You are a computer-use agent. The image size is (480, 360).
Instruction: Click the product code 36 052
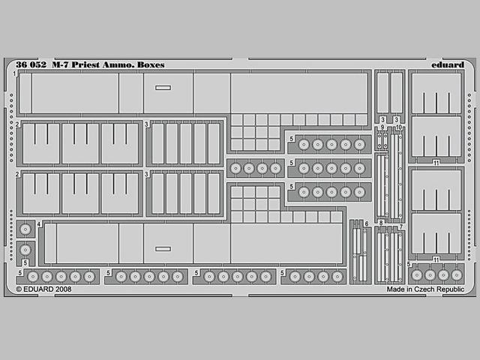[31, 65]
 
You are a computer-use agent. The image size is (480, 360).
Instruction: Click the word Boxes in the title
[151, 65]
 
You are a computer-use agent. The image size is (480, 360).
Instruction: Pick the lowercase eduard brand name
[448, 65]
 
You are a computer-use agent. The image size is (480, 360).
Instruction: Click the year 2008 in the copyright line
[63, 289]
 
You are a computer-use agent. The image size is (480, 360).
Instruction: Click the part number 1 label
[15, 74]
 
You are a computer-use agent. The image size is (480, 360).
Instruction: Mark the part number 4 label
[39, 224]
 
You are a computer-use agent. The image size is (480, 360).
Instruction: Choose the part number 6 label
[367, 223]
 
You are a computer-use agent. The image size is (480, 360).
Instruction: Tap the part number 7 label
[400, 227]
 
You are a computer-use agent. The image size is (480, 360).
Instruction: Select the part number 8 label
[381, 223]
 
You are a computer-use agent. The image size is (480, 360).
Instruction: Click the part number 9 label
[382, 127]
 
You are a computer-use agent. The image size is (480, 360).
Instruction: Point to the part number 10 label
[398, 127]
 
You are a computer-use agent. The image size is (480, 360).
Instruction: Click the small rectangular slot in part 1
[163, 88]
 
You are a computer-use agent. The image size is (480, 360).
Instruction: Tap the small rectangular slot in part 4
[163, 249]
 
